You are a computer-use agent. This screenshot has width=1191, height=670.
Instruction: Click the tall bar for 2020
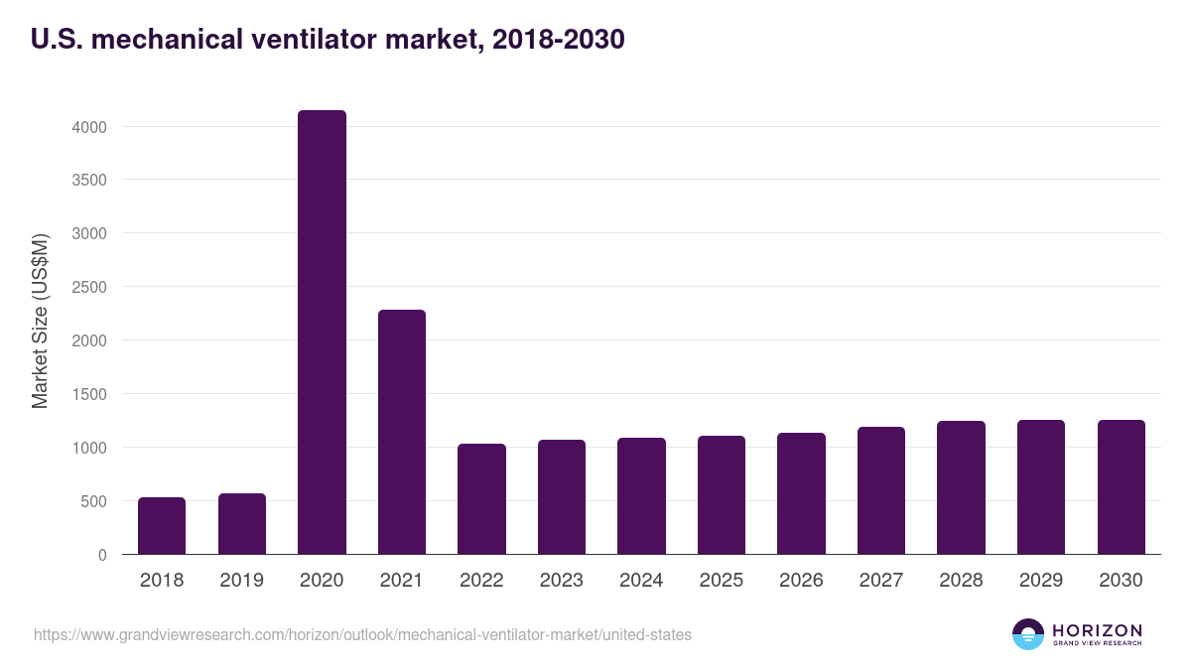point(322,333)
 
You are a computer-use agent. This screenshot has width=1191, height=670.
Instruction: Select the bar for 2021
point(401,432)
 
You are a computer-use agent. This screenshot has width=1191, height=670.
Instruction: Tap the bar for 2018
point(162,526)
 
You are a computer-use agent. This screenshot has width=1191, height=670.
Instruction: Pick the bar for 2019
point(241,524)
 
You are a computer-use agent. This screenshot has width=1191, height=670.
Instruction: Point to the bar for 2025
point(721,495)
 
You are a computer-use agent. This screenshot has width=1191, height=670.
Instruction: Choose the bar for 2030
point(1121,487)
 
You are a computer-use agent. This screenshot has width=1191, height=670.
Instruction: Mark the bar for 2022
point(481,499)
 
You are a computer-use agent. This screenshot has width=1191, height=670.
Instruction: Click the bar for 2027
point(880,490)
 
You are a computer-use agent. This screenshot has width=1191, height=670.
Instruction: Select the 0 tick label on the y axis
point(100,555)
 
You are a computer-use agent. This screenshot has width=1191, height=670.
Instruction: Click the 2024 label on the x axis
point(641,581)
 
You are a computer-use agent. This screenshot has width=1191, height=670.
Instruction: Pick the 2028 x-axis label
point(961,581)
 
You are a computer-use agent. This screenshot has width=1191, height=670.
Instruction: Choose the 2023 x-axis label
point(561,581)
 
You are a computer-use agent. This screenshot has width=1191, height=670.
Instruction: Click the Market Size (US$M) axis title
point(40,320)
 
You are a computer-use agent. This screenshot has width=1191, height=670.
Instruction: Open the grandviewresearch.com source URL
point(362,634)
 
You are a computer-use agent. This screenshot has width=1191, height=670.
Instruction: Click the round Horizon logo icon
point(1028,634)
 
